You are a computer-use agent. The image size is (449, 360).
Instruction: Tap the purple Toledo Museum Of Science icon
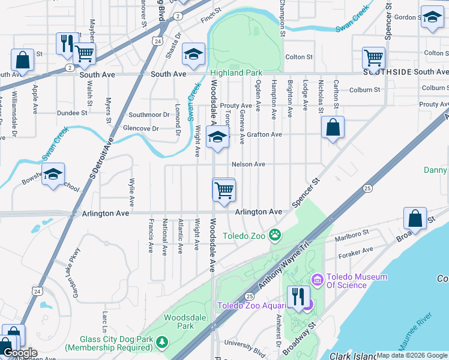click(x=317, y=280)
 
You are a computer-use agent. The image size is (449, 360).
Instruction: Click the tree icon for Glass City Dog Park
click(x=161, y=342)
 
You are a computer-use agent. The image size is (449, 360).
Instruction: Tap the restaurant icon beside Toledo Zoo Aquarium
click(x=298, y=296)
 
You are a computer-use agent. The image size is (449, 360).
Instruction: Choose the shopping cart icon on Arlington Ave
click(x=224, y=191)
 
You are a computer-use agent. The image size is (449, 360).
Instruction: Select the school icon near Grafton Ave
click(x=217, y=137)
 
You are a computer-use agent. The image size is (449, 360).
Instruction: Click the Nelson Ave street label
click(x=249, y=164)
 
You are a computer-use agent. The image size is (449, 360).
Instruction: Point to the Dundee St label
click(x=72, y=113)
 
